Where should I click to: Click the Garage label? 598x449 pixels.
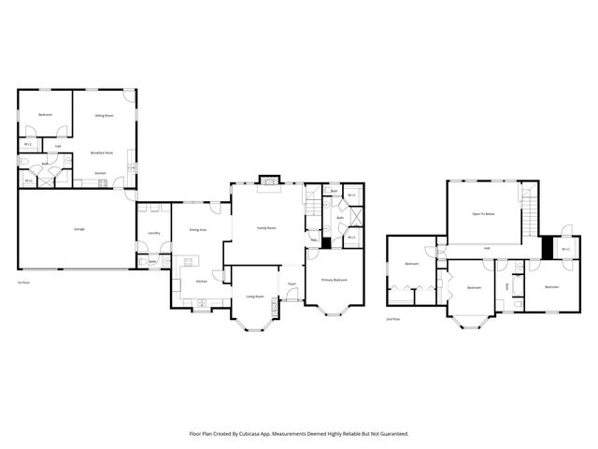tap(79, 228)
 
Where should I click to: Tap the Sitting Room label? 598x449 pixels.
tap(104, 115)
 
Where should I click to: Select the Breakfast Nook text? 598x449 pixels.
tap(102, 152)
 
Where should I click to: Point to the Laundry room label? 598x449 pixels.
tap(154, 233)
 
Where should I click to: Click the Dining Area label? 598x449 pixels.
tap(197, 229)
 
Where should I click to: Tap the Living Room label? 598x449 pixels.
tap(254, 297)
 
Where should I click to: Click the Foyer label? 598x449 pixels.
tap(292, 282)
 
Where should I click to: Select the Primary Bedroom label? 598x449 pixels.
tap(335, 280)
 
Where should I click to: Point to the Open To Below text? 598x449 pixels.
tap(483, 214)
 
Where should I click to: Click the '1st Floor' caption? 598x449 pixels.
tap(25, 282)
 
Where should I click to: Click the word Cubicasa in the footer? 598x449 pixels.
tap(266, 433)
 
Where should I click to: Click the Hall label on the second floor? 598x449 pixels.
tap(487, 248)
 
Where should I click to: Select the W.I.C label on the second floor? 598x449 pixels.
tap(566, 249)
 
